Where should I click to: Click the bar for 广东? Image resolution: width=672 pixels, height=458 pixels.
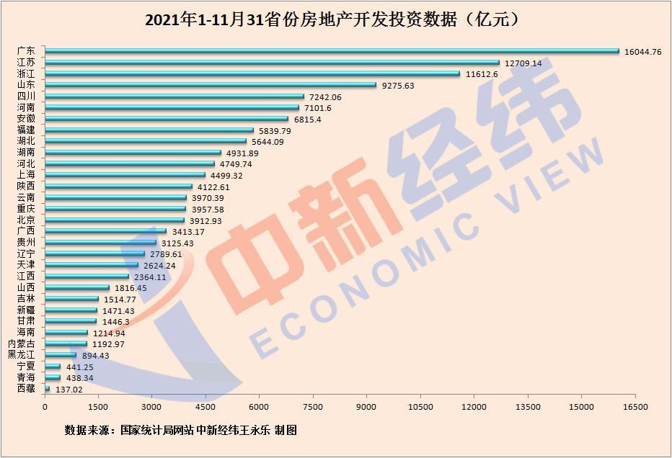pyautogui.click(x=332, y=51)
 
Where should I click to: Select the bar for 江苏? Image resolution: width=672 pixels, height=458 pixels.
pyautogui.click(x=272, y=63)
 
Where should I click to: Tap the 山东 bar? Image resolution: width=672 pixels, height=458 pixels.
pyautogui.click(x=211, y=85)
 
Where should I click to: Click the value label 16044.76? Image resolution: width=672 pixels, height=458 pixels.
pyautogui.click(x=644, y=52)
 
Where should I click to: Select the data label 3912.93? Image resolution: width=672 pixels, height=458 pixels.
pyautogui.click(x=207, y=220)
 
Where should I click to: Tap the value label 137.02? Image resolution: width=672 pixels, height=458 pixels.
pyautogui.click(x=71, y=389)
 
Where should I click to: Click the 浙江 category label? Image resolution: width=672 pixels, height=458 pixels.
pyautogui.click(x=26, y=73)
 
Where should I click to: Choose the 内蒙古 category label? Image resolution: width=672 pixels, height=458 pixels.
pyautogui.click(x=21, y=343)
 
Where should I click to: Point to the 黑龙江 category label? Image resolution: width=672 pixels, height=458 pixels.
pyautogui.click(x=21, y=354)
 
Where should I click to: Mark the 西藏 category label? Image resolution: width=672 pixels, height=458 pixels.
pyautogui.click(x=26, y=388)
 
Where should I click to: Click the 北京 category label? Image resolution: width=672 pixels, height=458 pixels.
pyautogui.click(x=26, y=220)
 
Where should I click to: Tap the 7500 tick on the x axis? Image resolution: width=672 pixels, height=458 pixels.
pyautogui.click(x=313, y=407)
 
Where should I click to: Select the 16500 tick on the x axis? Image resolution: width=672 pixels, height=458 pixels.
pyautogui.click(x=635, y=407)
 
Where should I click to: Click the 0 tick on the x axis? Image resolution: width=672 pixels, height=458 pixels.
pyautogui.click(x=45, y=407)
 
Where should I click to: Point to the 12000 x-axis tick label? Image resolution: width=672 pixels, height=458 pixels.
pyautogui.click(x=474, y=407)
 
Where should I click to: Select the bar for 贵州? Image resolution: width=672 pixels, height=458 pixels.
pyautogui.click(x=101, y=243)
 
